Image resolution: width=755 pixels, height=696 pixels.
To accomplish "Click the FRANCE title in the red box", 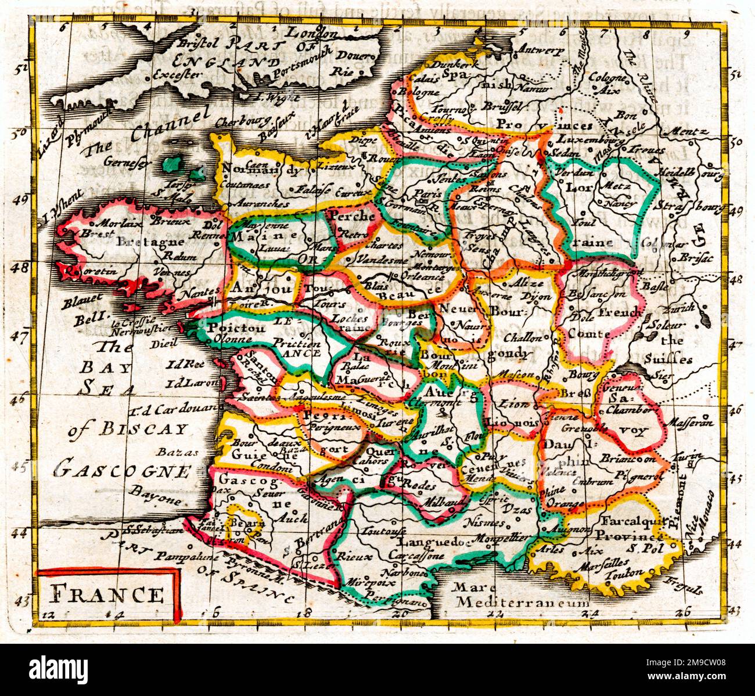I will click(107, 594).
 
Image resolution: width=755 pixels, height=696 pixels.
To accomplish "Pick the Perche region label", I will click(352, 215).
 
